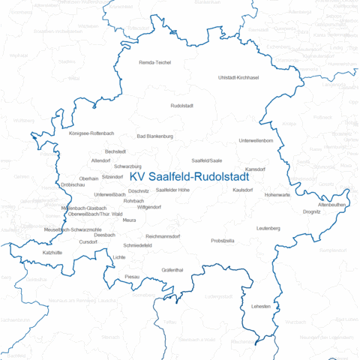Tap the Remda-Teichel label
[x=155, y=62]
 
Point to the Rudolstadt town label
[x=182, y=106]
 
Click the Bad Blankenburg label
[x=154, y=136]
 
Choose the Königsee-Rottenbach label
[x=91, y=133]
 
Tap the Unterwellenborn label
[x=256, y=141]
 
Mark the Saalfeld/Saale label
[x=206, y=160]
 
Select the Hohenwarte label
[x=277, y=195]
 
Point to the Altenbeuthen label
[x=331, y=204]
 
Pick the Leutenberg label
[x=268, y=227]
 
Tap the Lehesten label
[x=261, y=307]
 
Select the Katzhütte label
[x=52, y=253]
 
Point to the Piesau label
[x=132, y=277]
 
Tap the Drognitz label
[x=311, y=212]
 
